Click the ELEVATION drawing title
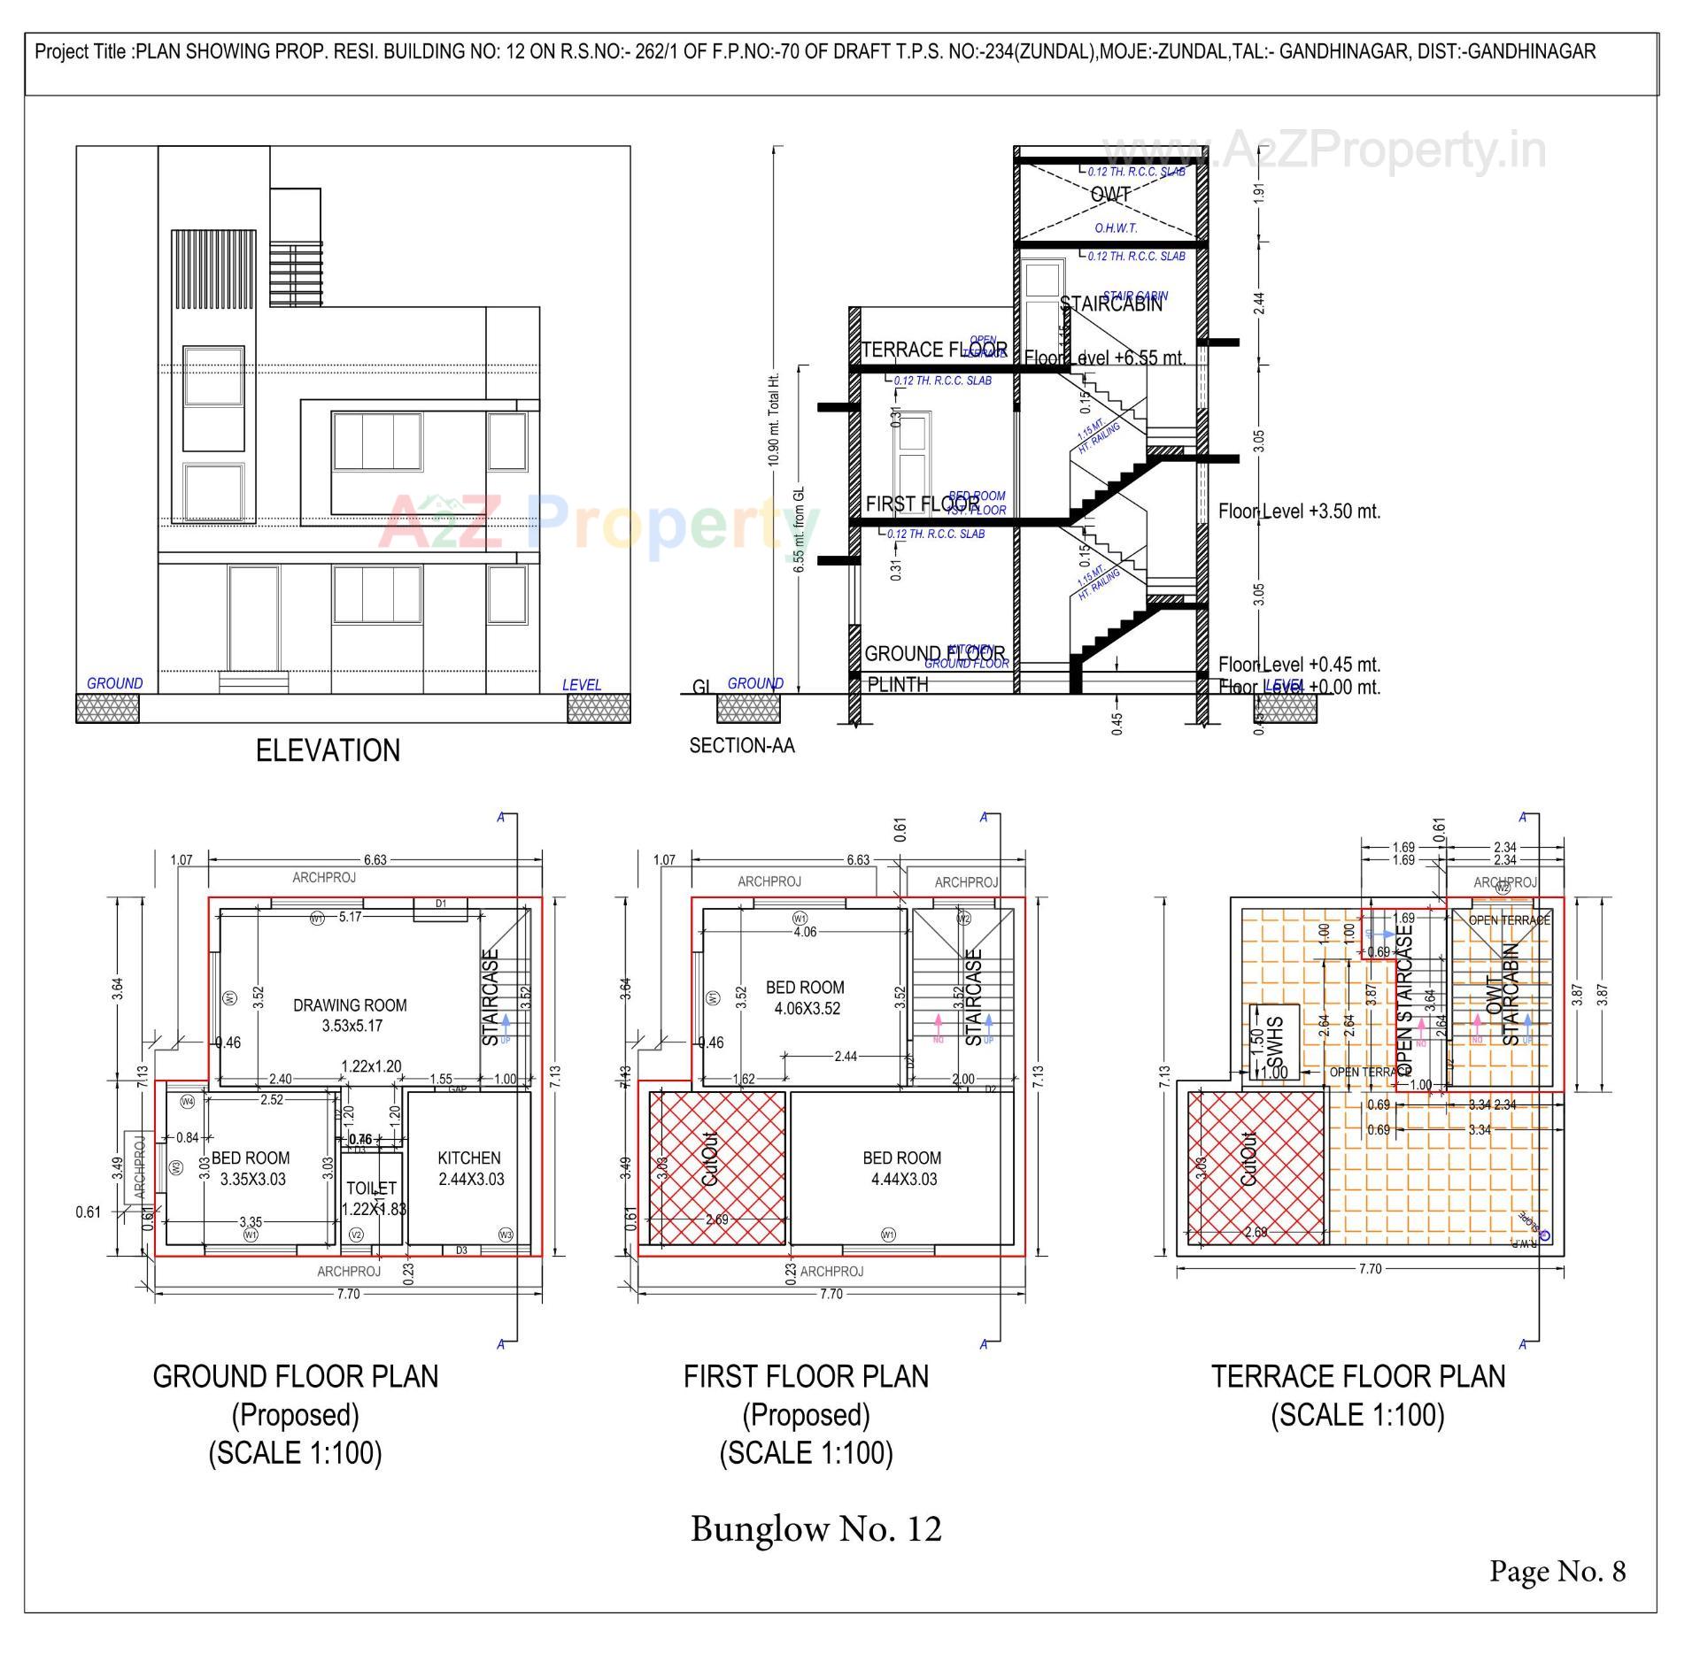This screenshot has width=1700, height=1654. pyautogui.click(x=328, y=750)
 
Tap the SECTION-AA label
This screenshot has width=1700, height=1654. pyautogui.click(x=742, y=746)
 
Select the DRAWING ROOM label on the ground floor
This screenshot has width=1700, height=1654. pyautogui.click(x=350, y=1015)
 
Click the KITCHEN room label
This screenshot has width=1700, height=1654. pyautogui.click(x=469, y=1168)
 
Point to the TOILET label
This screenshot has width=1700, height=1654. pyautogui.click(x=372, y=1189)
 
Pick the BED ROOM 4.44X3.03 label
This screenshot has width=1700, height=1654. pyautogui.click(x=902, y=1168)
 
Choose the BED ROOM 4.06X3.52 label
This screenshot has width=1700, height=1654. pyautogui.click(x=805, y=997)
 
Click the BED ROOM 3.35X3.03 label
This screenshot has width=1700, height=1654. pyautogui.click(x=251, y=1168)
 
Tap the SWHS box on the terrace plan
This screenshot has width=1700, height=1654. pyautogui.click(x=1274, y=1042)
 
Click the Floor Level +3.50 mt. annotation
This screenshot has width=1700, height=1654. pyautogui.click(x=1299, y=512)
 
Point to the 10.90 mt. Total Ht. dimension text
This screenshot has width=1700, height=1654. pyautogui.click(x=774, y=419)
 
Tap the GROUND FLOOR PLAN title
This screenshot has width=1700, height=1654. pyautogui.click(x=295, y=1376)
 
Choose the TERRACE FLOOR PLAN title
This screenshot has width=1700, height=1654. pyautogui.click(x=1357, y=1376)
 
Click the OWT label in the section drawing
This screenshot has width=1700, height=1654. pyautogui.click(x=1110, y=194)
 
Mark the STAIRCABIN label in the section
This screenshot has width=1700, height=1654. pyautogui.click(x=1111, y=304)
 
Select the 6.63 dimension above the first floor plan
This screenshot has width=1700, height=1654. pyautogui.click(x=858, y=859)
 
